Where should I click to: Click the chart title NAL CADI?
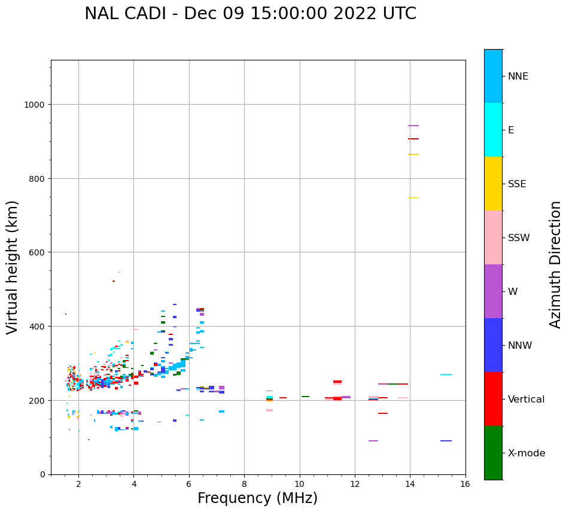(250, 14)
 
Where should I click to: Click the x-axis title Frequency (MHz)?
(257, 498)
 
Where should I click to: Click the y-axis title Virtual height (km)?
(13, 267)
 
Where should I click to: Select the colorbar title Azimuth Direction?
(555, 264)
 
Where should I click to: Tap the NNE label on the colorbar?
(518, 76)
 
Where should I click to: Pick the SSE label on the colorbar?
(517, 184)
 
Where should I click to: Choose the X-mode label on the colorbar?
(527, 453)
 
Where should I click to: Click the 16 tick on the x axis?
(465, 484)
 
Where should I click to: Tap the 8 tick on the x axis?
(244, 484)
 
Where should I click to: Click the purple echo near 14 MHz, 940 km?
(413, 126)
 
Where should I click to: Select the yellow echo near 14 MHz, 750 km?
(413, 197)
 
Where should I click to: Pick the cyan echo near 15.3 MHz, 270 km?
(446, 374)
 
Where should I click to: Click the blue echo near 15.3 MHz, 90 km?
(446, 441)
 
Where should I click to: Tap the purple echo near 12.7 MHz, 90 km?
(373, 441)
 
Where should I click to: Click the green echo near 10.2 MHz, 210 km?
(305, 397)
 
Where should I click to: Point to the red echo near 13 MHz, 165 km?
(383, 413)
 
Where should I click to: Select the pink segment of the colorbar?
(493, 237)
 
